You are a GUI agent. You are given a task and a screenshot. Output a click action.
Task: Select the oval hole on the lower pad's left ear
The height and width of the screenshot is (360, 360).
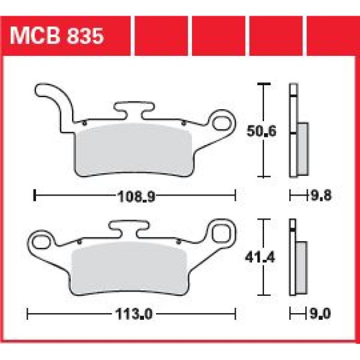[42, 242]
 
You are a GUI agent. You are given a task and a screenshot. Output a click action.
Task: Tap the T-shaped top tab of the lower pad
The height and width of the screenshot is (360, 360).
[128, 227]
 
